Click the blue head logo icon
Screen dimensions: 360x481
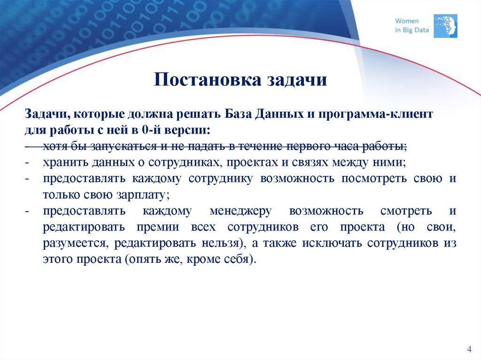(445, 25)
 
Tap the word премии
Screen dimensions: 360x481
(157, 227)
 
